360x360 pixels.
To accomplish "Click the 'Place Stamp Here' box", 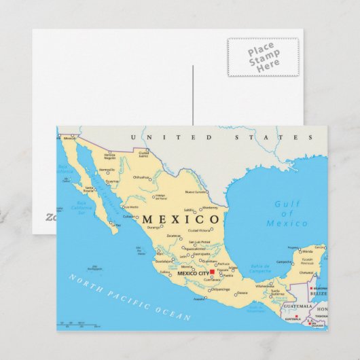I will point(264,57).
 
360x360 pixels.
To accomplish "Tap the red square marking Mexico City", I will point(212,272).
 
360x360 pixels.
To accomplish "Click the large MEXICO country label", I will point(181,219).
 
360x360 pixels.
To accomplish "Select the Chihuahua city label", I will point(140,177).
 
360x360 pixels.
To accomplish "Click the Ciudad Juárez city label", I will point(143,154).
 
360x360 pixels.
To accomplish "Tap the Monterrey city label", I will point(209,208).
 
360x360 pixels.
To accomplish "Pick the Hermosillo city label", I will point(107,170).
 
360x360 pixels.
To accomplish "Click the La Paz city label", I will point(118,224).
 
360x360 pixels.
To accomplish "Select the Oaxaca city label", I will point(242,293).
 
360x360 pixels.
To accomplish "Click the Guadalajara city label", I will point(164,261).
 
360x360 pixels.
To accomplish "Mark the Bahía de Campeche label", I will point(260,268).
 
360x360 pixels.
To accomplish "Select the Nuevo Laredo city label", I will point(196,192).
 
